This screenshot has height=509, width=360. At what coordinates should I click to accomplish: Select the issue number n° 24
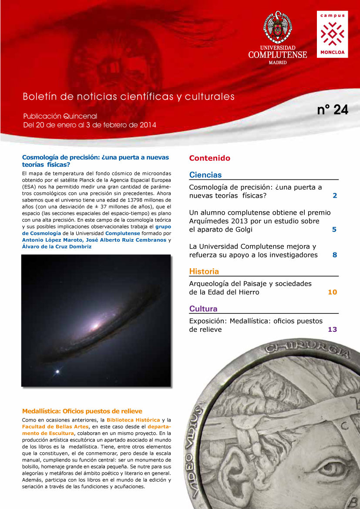(333, 110)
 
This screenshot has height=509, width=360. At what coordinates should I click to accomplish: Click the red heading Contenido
(209, 158)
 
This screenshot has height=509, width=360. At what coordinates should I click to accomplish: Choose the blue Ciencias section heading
(205, 175)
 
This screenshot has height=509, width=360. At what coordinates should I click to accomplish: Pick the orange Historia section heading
(204, 272)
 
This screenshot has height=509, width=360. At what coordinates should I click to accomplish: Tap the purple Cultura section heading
(203, 309)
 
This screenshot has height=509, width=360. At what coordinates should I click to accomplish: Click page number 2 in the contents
(335, 196)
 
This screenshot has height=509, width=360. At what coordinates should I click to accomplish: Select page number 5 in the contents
(334, 229)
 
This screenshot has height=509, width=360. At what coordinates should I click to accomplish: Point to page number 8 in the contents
(335, 255)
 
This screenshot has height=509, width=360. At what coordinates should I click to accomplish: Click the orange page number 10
(332, 292)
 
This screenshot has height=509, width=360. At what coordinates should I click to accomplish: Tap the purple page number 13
(332, 330)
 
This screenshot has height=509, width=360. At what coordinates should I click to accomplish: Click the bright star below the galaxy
(57, 371)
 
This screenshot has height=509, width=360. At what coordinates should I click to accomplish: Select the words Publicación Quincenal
(60, 117)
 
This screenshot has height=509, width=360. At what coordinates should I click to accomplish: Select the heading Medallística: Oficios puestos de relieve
(82, 411)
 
